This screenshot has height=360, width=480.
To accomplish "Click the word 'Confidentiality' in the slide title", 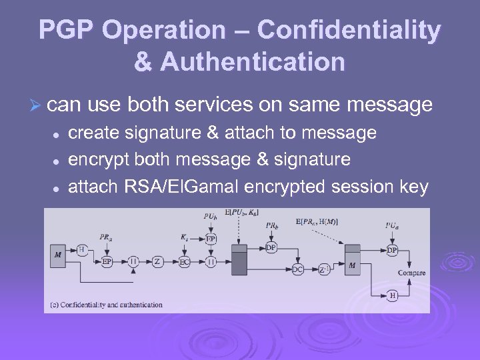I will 349,31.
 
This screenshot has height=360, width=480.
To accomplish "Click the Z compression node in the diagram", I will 158,262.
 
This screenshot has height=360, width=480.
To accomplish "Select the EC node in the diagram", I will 185,262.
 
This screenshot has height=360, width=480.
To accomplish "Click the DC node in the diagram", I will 297,269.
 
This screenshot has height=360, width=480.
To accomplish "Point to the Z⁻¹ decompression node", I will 324,269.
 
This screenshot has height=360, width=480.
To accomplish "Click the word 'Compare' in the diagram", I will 411,273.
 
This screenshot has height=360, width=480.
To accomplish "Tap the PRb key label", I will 271,225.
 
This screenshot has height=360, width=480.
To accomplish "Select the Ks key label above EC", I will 185,237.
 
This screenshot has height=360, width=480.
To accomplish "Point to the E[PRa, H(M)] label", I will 316,221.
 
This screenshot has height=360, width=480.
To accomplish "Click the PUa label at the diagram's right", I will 393,225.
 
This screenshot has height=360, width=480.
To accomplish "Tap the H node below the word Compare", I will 393,295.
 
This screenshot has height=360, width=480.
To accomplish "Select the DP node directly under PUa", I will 393,250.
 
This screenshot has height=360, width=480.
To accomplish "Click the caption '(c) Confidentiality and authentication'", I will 107,305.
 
